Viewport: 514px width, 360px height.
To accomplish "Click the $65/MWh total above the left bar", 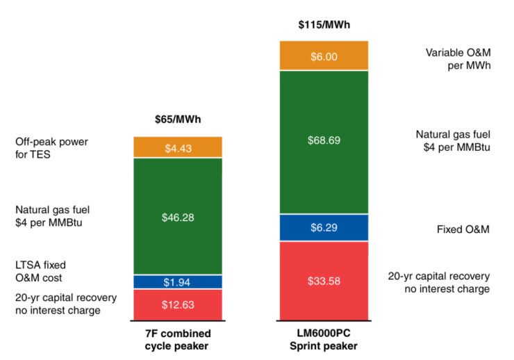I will pyautogui.click(x=178, y=119).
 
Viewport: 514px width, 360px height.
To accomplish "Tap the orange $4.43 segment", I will pyautogui.click(x=178, y=147).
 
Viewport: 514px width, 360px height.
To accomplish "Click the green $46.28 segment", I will pyautogui.click(x=178, y=217).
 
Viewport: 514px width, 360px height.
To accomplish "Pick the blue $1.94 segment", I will pyautogui.click(x=178, y=282).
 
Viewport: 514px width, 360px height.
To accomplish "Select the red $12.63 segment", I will pyautogui.click(x=178, y=304).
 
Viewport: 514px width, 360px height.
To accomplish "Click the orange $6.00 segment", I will pyautogui.click(x=324, y=56).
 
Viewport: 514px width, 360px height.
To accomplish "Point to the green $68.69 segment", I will pyautogui.click(x=324, y=140).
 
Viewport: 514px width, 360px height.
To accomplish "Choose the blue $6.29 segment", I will pyautogui.click(x=324, y=227).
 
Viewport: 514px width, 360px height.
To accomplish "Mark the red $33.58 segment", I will pyautogui.click(x=324, y=280).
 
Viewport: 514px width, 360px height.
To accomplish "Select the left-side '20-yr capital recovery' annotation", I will pyautogui.click(x=65, y=304).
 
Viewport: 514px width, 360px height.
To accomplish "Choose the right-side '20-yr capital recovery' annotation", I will pyautogui.click(x=442, y=281).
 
